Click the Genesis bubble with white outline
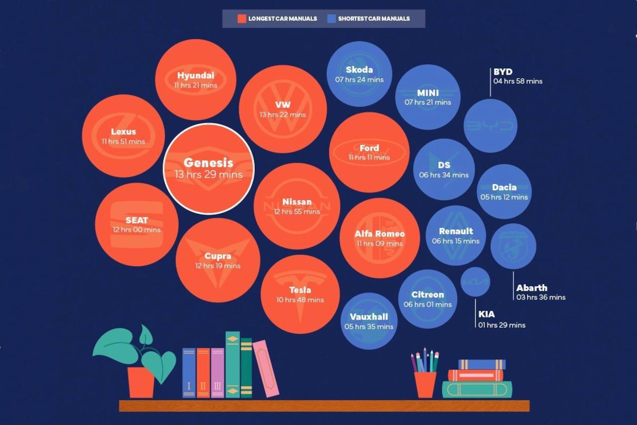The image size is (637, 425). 209,168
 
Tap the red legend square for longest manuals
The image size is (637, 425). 242,19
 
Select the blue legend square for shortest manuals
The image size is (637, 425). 331,19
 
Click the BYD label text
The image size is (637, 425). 503,72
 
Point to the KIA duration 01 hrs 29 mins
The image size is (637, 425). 502,325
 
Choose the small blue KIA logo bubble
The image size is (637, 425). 475,282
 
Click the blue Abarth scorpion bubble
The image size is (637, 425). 513,246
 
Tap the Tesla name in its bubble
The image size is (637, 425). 300,290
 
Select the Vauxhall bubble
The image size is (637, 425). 369,321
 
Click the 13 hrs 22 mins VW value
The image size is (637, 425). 282,115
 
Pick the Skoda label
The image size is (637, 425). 359,70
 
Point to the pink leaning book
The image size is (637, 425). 266,369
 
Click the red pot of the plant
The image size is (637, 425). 141,383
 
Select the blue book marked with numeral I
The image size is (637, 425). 189,373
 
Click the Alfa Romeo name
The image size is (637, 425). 380,234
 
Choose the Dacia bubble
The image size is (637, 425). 504,192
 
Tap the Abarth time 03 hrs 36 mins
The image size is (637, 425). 540,297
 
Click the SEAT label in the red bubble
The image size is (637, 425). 137,220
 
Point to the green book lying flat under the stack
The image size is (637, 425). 477,389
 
